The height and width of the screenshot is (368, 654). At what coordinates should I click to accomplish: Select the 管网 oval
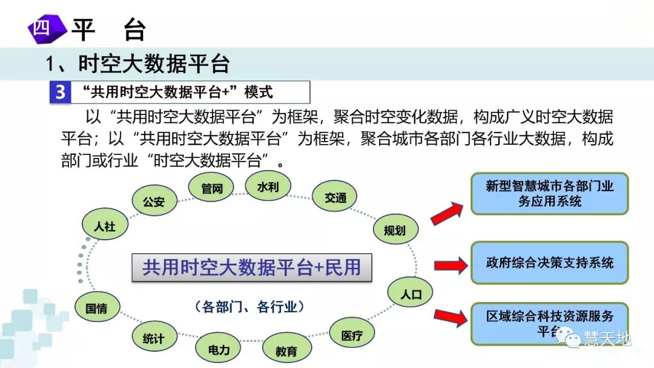[212, 189]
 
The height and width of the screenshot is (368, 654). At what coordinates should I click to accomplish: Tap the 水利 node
[268, 186]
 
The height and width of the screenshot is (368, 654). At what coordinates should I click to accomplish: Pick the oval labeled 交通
[335, 198]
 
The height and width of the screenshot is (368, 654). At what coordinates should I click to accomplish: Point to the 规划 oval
[394, 230]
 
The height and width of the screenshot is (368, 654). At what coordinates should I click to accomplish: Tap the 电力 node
[219, 350]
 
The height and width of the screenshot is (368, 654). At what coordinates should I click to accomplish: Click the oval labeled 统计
[154, 338]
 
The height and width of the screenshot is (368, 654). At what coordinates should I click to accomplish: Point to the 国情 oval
[96, 307]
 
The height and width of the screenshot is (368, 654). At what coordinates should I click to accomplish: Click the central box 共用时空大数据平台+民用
[251, 268]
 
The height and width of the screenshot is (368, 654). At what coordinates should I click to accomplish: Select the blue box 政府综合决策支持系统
[549, 263]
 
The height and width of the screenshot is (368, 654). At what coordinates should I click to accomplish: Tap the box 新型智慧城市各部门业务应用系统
[549, 194]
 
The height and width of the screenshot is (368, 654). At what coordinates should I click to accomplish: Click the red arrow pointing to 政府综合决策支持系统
[451, 264]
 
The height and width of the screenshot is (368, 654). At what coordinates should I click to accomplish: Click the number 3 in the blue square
[60, 93]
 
